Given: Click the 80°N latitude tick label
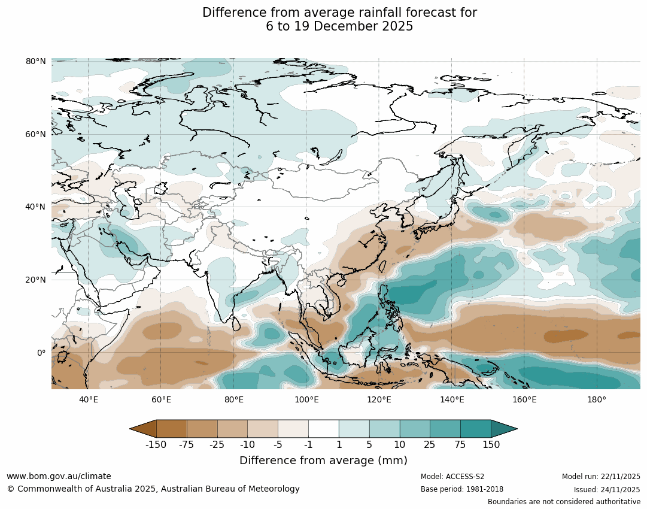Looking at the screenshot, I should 36,61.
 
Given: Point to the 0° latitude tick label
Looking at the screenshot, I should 41,353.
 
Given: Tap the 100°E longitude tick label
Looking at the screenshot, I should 306,400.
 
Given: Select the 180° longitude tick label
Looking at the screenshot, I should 597,400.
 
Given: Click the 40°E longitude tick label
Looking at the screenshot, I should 89,400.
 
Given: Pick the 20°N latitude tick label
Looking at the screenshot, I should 36,280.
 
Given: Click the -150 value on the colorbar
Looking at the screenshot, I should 156,445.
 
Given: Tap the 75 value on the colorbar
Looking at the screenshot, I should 460,445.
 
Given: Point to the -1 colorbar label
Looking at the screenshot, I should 308,445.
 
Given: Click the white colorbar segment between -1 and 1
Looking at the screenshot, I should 324,429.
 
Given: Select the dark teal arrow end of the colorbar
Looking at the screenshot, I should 504,429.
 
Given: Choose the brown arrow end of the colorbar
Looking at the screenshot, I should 143,429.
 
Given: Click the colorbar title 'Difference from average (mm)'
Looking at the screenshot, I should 323,460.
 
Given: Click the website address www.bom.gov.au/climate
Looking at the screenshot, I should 59,476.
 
